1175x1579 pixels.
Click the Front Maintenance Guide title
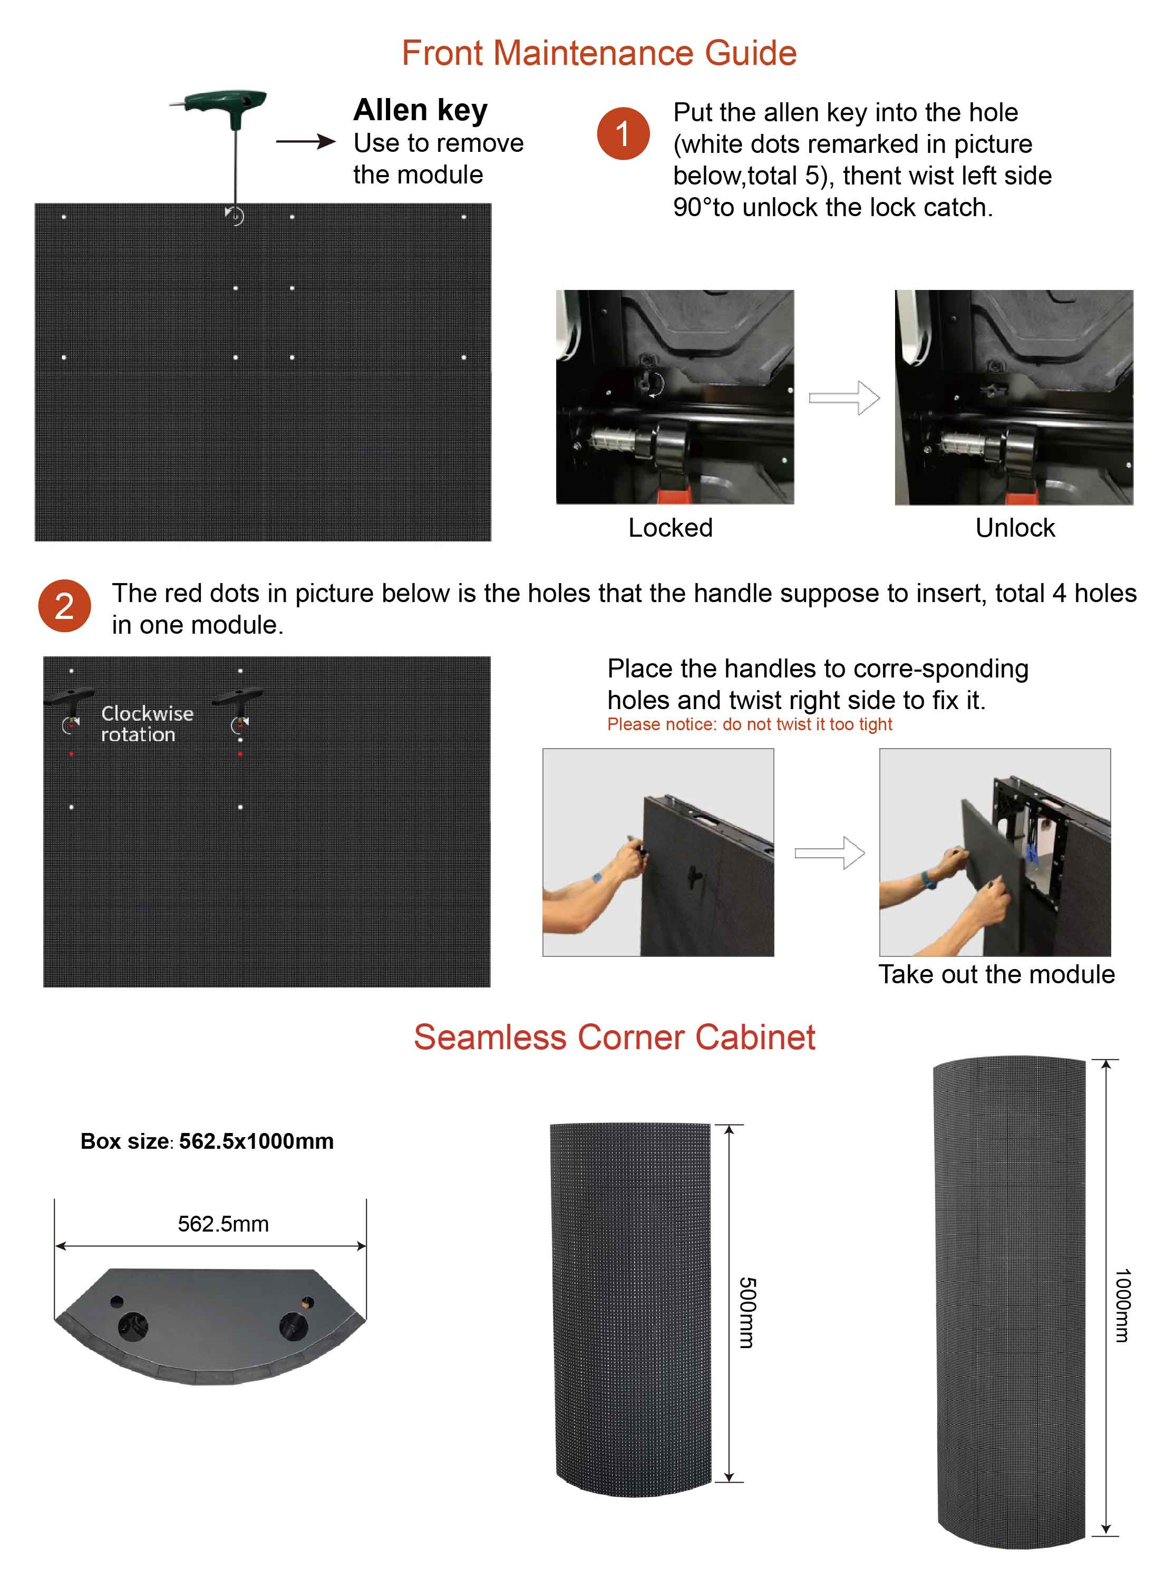click(x=599, y=53)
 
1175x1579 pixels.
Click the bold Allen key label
click(x=420, y=110)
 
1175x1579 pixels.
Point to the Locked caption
click(x=670, y=528)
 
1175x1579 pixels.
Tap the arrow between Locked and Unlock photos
click(x=844, y=398)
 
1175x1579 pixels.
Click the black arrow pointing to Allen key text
click(x=305, y=141)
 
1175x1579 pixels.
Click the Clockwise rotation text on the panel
click(x=147, y=723)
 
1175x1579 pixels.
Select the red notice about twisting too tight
click(x=750, y=724)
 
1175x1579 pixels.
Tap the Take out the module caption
click(x=996, y=974)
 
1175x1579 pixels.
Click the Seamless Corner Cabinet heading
click(x=615, y=1037)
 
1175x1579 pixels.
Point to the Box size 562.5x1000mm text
click(x=207, y=1141)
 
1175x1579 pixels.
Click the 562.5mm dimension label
click(x=224, y=1223)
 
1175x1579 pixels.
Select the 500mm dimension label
click(x=747, y=1312)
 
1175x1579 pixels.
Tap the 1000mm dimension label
click(x=1122, y=1305)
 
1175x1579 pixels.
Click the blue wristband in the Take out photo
click(x=928, y=880)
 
